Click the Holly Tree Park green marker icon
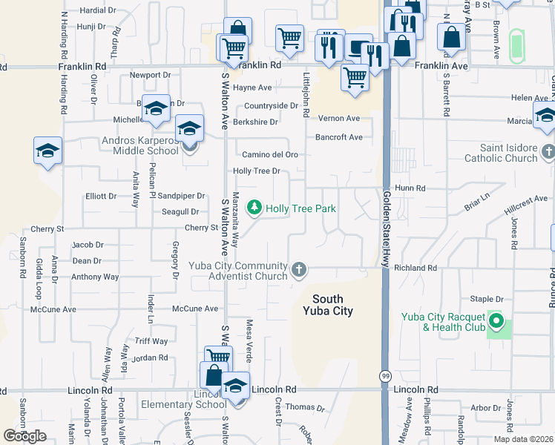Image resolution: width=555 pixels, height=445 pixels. coord(254,208)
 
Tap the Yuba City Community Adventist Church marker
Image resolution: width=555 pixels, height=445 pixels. coord(298,269)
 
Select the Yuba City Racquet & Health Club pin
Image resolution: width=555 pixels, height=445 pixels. coord(498,323)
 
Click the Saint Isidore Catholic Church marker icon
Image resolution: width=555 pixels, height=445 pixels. coord(548,153)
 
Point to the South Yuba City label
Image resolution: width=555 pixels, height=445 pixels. coord(327,306)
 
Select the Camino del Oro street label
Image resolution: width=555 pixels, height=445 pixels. coord(270,154)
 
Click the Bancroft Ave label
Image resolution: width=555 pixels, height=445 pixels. coord(339,137)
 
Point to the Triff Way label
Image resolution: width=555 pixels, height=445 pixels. coord(151,341)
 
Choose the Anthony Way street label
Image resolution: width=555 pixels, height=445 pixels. coord(95,277)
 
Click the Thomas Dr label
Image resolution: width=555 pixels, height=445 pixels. coord(306,407)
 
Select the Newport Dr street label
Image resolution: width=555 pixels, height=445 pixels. coord(150,75)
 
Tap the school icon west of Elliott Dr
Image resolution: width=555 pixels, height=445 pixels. coord(48,151)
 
